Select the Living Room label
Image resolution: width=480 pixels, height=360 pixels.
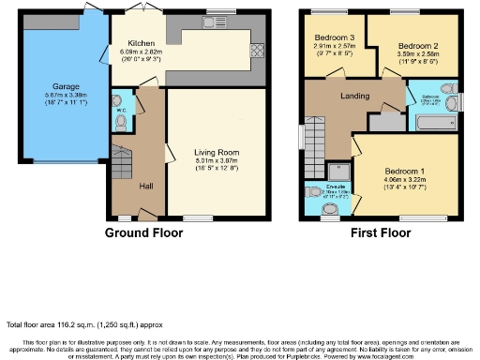213,152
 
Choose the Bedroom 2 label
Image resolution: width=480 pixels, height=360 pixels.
412,45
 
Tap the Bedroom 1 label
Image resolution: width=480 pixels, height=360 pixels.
405,172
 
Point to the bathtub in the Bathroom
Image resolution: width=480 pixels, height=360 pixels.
432,122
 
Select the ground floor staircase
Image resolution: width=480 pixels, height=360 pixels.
122,161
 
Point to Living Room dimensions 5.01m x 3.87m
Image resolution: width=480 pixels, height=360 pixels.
213,162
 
